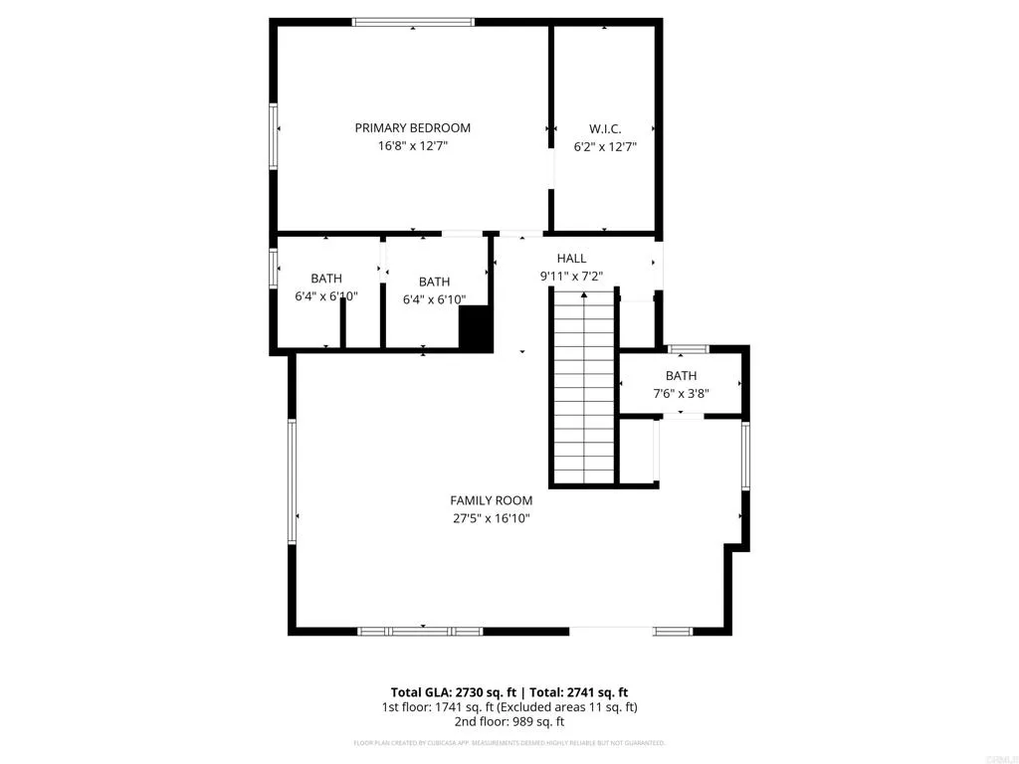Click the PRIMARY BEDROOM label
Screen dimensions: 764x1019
[412, 127]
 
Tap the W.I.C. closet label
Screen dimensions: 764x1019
[605, 128]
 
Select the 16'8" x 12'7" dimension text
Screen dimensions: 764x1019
[412, 146]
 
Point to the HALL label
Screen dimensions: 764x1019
[571, 259]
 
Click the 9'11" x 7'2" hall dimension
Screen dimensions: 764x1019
[571, 277]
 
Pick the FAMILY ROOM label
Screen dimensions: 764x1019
[491, 500]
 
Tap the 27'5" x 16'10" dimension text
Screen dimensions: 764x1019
[491, 518]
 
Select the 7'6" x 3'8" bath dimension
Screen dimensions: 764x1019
[681, 393]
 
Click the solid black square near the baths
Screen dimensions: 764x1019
[476, 327]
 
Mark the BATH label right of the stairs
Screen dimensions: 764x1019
[681, 375]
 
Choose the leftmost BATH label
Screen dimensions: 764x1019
[325, 279]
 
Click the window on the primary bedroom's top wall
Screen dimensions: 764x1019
[413, 22]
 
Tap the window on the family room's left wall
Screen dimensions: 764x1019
[293, 480]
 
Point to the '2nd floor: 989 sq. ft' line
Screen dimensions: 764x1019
[509, 723]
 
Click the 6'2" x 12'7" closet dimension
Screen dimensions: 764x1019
[605, 146]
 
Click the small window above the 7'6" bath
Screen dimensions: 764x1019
[688, 349]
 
